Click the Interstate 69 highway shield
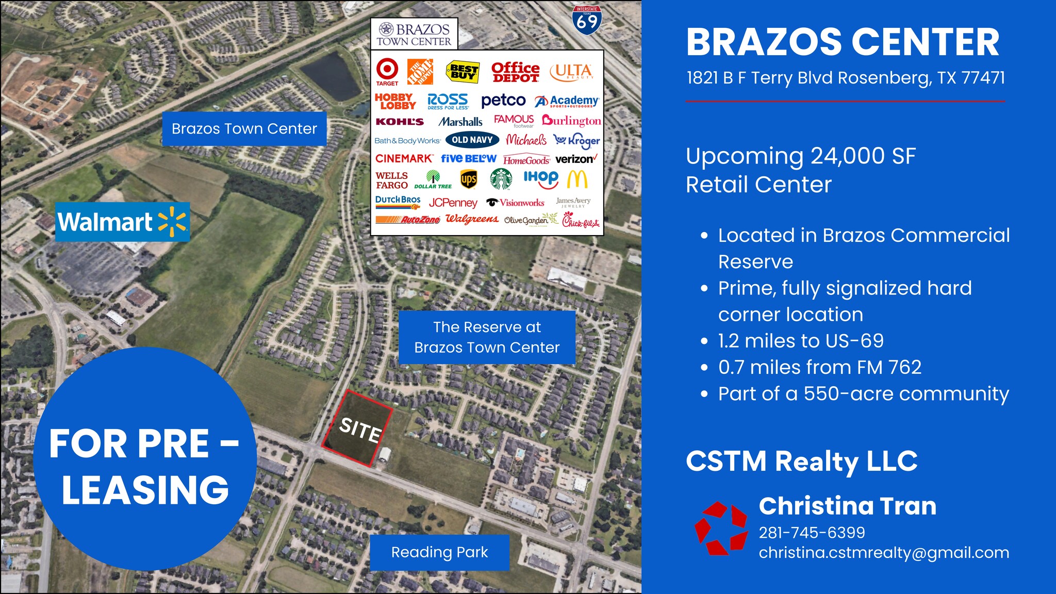pyautogui.click(x=586, y=20)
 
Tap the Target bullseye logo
pyautogui.click(x=387, y=69)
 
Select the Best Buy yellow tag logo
pyautogui.click(x=463, y=72)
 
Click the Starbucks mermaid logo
pyautogui.click(x=501, y=179)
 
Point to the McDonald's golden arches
pyautogui.click(x=577, y=179)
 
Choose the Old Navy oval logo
pyautogui.click(x=472, y=140)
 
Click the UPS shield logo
pyautogui.click(x=468, y=179)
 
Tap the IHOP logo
pyautogui.click(x=540, y=178)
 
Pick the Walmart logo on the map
pyautogui.click(x=122, y=222)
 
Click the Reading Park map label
pyautogui.click(x=439, y=552)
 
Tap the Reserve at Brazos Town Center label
pyautogui.click(x=487, y=337)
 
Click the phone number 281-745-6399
pyautogui.click(x=812, y=533)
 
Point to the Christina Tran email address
pyautogui.click(x=883, y=553)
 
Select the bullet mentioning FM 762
pyautogui.click(x=819, y=367)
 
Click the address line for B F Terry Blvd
pyautogui.click(x=845, y=78)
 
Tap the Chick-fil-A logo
pyautogui.click(x=581, y=221)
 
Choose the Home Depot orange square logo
pyautogui.click(x=420, y=72)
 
